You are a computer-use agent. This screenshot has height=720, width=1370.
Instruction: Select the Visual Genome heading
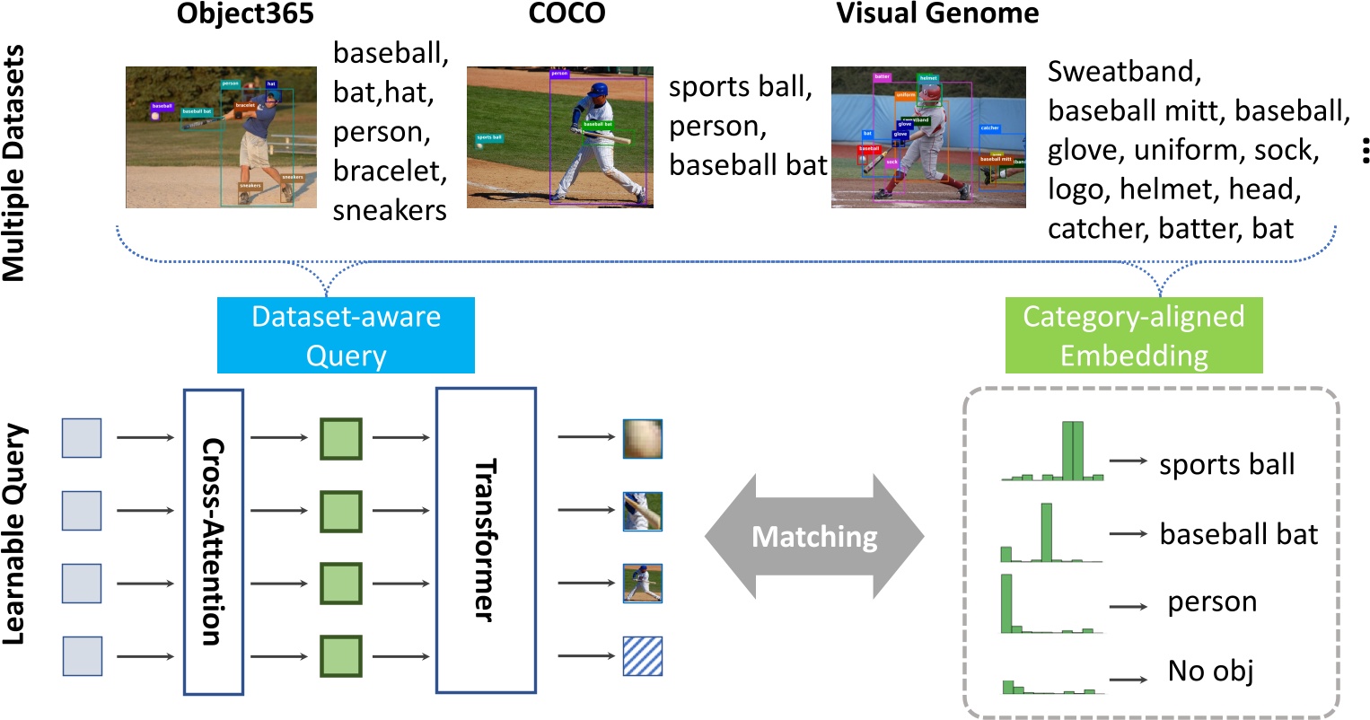[937, 14]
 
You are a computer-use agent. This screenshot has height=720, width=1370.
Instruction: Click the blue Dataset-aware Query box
[346, 336]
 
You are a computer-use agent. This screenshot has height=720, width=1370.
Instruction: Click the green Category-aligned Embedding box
[1134, 336]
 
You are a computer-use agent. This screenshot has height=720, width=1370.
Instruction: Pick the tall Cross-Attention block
[213, 541]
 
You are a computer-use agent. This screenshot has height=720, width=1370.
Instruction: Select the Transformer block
[486, 540]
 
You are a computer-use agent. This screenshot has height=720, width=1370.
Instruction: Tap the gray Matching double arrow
[814, 537]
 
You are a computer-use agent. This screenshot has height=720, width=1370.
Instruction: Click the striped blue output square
[643, 656]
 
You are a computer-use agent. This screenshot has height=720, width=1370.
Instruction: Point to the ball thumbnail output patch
[643, 438]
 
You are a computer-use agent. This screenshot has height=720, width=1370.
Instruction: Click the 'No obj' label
[1210, 671]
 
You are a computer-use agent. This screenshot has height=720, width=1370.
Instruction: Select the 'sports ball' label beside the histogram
[1226, 465]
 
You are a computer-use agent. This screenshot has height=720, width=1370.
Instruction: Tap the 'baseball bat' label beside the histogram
[1238, 534]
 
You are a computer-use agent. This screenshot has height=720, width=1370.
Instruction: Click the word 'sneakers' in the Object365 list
[390, 210]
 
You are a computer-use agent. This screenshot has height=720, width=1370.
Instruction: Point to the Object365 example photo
[221, 136]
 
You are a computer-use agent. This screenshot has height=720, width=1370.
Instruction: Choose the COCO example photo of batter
[559, 136]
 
